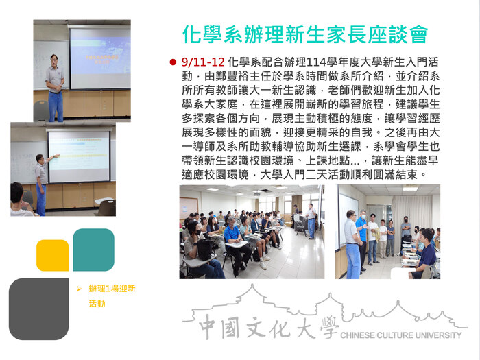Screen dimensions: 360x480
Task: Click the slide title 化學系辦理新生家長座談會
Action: click(x=305, y=34)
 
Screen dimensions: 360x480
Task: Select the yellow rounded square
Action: click(x=52, y=255)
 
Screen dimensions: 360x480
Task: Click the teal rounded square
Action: click(x=93, y=250)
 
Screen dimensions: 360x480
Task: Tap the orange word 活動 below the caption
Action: click(x=97, y=303)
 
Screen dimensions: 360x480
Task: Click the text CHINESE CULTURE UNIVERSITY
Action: click(x=400, y=335)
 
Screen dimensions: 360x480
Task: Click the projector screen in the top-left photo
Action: click(x=100, y=58)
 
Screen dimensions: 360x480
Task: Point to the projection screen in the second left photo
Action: click(x=78, y=156)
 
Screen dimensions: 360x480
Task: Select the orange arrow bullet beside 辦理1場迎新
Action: click(x=80, y=289)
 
